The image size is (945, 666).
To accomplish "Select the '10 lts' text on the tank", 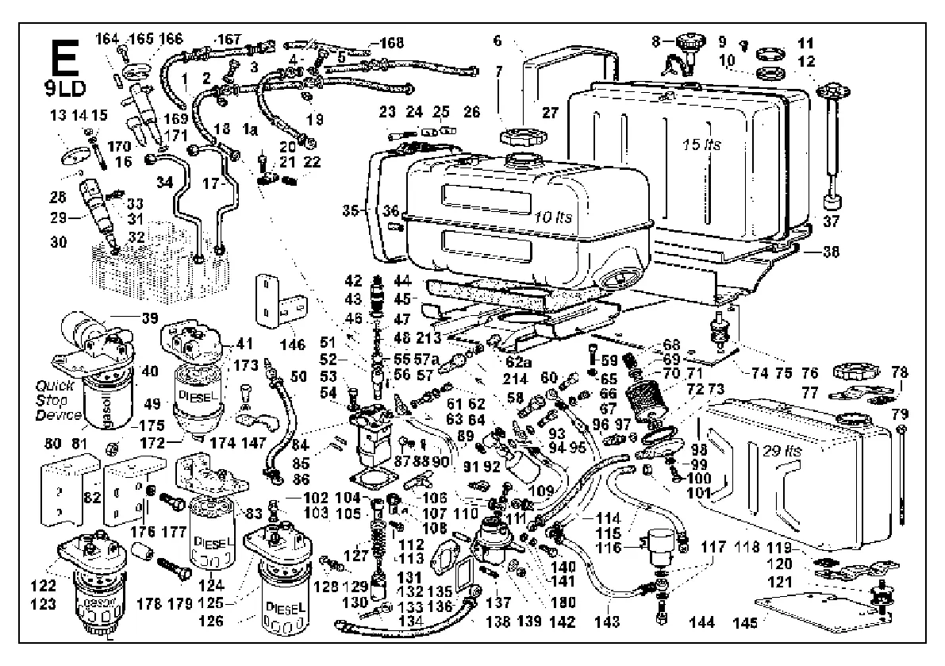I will click(x=552, y=215).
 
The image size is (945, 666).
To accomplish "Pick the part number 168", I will click(x=391, y=42).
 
